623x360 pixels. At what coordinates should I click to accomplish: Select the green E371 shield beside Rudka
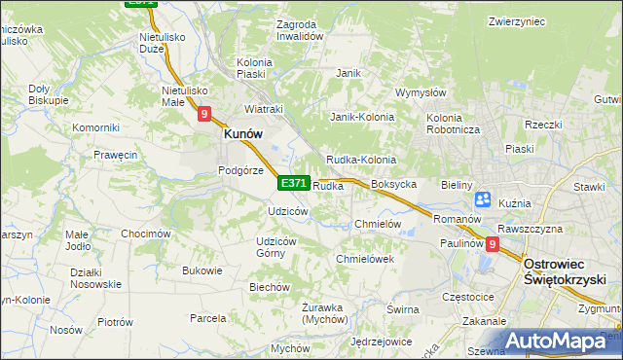coord(294,183)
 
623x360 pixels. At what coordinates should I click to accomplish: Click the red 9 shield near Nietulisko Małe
coord(204,114)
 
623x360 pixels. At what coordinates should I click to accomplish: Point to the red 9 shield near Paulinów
coord(493,245)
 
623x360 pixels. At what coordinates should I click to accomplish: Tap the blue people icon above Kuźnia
coord(483,199)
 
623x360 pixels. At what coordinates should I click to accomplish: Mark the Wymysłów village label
coord(420,93)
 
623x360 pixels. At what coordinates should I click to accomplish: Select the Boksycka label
coord(394,183)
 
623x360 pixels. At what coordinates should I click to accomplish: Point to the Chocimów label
coord(146,234)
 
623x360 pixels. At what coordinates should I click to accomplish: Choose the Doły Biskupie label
coord(48,94)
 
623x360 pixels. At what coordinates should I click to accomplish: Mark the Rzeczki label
coord(543,124)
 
